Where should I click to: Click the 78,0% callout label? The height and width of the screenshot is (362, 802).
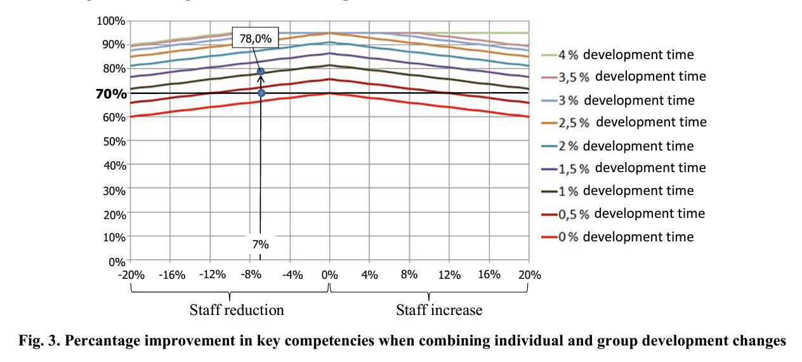click(255, 38)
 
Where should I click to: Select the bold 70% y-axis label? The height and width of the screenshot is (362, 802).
click(111, 93)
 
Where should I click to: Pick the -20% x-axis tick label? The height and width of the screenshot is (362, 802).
click(132, 275)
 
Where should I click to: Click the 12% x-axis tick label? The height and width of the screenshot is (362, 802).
click(449, 275)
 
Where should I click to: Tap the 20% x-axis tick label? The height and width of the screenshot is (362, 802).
click(529, 275)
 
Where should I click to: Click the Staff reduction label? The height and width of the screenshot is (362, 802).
click(237, 310)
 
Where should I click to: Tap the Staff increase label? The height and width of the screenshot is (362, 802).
click(439, 310)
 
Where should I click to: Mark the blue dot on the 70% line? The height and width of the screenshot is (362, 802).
click(261, 93)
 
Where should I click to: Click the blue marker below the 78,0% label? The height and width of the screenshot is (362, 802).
click(261, 72)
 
